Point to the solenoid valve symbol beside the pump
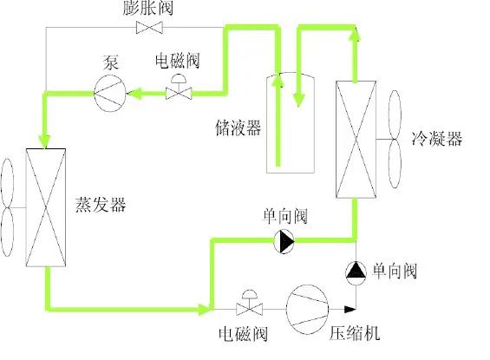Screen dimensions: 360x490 (179, 89)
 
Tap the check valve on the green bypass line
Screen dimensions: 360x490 (284, 241)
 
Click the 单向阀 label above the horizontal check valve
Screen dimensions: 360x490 (284, 216)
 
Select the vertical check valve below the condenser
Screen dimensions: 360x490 (356, 272)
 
